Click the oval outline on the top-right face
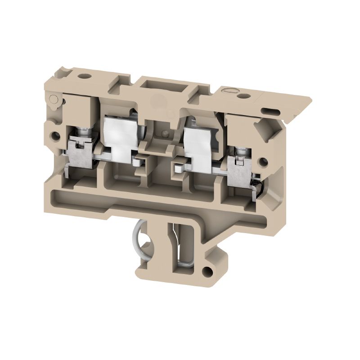[229, 91]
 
